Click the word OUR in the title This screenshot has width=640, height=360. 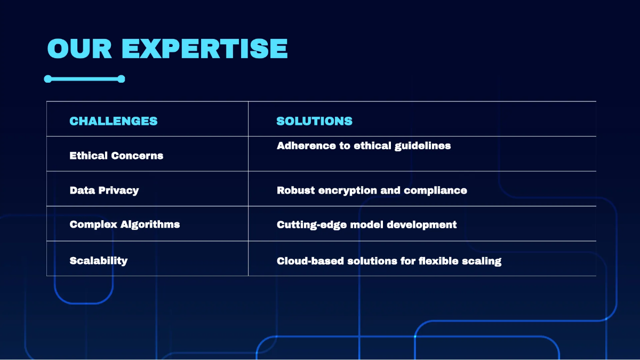pyautogui.click(x=79, y=49)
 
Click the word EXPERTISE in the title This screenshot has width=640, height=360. pyautogui.click(x=205, y=49)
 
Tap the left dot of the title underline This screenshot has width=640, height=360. pyautogui.click(x=48, y=79)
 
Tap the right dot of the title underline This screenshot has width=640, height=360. pyautogui.click(x=121, y=79)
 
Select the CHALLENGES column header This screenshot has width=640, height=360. pyautogui.click(x=114, y=121)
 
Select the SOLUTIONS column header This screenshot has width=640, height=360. pyautogui.click(x=314, y=121)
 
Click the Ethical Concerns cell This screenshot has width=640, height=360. pyautogui.click(x=116, y=156)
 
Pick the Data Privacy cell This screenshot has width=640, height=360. pyautogui.click(x=104, y=190)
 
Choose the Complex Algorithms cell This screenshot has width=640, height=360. pyautogui.click(x=124, y=225)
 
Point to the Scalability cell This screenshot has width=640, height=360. pyautogui.click(x=99, y=261)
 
